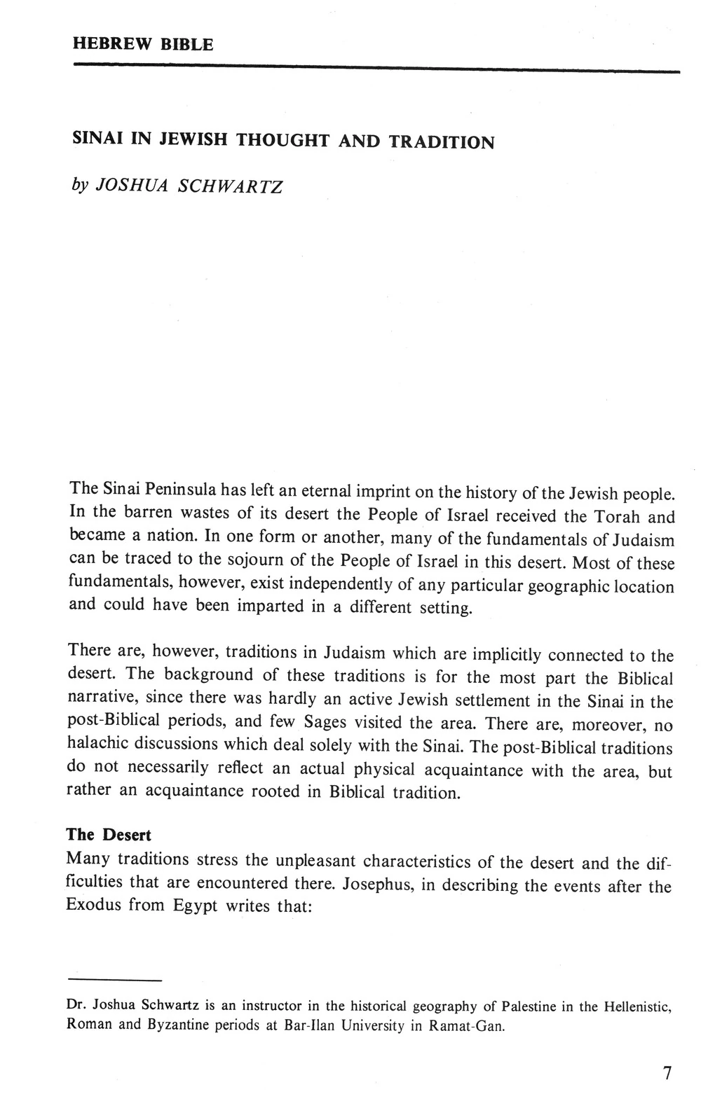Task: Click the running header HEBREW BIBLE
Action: tap(143, 44)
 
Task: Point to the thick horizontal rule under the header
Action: tap(376, 68)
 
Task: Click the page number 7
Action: tap(667, 1072)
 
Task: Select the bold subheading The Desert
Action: tap(109, 835)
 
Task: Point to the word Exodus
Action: tap(94, 904)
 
